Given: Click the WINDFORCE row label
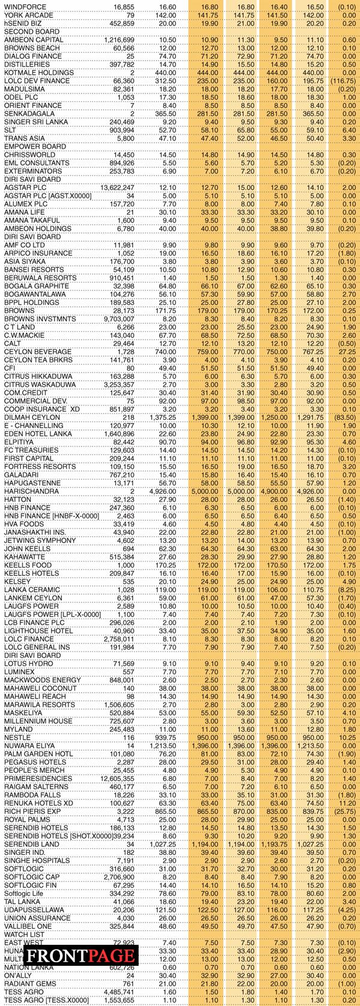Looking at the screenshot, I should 24,6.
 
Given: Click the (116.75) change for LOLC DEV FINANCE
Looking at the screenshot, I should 343,80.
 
